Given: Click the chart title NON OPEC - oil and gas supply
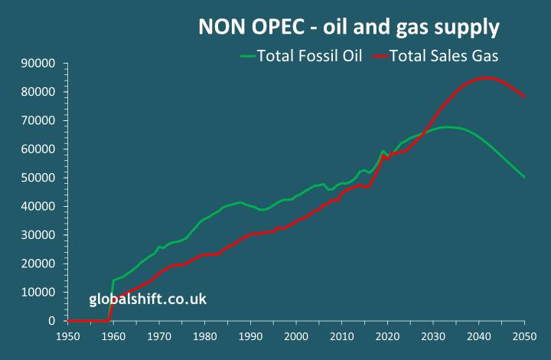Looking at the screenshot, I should tap(349, 28).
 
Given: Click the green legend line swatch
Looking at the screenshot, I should tap(246, 56).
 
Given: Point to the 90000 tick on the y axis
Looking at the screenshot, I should tap(39, 63).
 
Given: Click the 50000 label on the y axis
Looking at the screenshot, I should tap(39, 178).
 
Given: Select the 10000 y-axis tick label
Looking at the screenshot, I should tap(39, 293).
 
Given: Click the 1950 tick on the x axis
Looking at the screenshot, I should tap(68, 335).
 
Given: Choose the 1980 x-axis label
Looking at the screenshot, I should tap(205, 335).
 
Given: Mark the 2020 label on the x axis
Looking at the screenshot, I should tap(388, 335).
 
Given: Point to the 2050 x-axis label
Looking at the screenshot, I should tap(525, 335).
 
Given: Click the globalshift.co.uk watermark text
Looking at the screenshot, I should tap(147, 299).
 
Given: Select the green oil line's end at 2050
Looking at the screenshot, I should tap(525, 178).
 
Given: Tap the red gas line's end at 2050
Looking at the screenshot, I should tap(525, 97).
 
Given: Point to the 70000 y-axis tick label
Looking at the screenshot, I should tap(39, 120).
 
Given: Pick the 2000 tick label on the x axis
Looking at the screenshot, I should tap(297, 335).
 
